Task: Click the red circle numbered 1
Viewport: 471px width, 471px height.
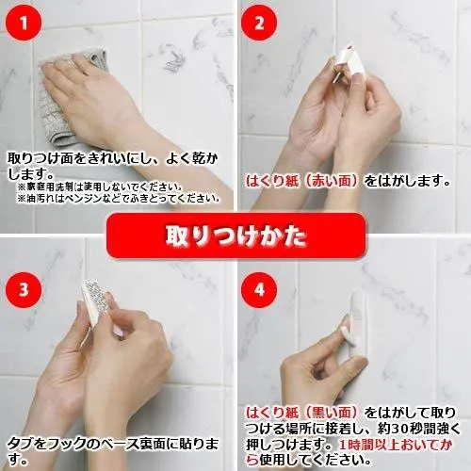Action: (24, 24)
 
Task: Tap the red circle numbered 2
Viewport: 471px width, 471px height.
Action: (259, 24)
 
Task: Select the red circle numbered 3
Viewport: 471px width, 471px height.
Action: (24, 290)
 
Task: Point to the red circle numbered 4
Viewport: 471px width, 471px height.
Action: (259, 290)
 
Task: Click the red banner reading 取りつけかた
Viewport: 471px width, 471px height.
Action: (235, 235)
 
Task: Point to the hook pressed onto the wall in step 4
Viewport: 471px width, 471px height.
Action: (358, 323)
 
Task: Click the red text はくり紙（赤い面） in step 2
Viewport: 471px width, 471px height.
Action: (301, 181)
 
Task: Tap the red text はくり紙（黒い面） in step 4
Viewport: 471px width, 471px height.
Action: (301, 413)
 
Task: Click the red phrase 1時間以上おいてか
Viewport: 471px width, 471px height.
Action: (396, 445)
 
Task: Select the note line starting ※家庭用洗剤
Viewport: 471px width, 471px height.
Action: (100, 187)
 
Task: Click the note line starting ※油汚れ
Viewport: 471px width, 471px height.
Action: (118, 199)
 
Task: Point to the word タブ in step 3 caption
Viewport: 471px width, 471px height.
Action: (21, 444)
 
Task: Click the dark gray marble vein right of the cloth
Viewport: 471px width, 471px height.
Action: (172, 58)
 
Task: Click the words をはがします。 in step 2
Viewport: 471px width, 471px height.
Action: (408, 181)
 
